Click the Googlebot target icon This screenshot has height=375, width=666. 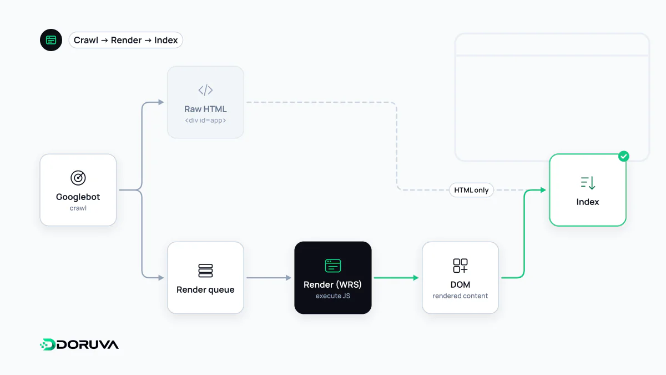coord(78,178)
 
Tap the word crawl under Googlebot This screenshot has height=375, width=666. coord(78,208)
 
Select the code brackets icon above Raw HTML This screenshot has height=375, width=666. coord(205,90)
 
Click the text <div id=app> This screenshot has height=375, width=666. coord(205,120)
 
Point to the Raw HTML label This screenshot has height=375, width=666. coord(205,109)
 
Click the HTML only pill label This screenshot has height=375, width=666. coord(471,190)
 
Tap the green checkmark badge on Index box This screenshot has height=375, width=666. coord(623,156)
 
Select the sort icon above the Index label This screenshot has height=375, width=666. coord(588,183)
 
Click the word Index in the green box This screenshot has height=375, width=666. coord(588,202)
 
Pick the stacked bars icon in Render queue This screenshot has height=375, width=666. coord(205,271)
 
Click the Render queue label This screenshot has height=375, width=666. coord(205,289)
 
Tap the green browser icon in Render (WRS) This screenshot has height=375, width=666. coord(332,266)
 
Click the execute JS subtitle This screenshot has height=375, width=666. coord(332,296)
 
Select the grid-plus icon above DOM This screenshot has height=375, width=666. coord(460,266)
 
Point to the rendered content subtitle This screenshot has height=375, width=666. coord(460,296)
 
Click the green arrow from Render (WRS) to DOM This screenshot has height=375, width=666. coord(396,278)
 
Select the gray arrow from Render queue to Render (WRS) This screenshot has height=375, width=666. coord(269,278)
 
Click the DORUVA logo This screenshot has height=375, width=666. coord(79,344)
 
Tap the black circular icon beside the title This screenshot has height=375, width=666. coord(51,40)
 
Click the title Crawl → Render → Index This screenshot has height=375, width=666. coord(125,40)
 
